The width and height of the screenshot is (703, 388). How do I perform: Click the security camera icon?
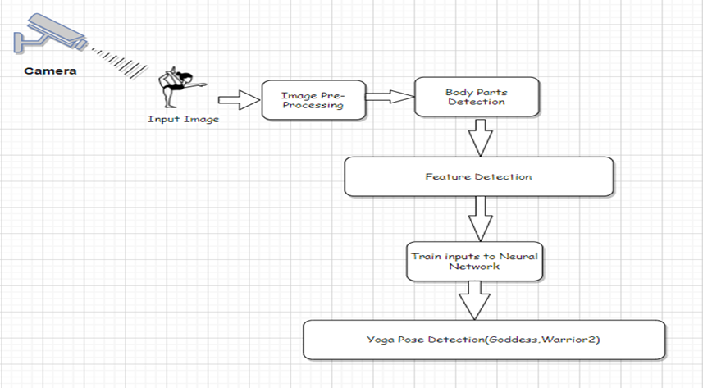click(x=49, y=32)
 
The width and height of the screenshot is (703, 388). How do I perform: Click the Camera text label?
click(x=49, y=71)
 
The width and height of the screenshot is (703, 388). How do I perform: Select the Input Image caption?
click(x=183, y=119)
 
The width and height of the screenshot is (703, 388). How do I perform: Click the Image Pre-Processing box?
click(x=313, y=100)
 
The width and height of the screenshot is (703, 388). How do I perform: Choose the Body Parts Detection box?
click(x=477, y=97)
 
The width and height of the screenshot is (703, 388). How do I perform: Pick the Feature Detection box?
click(x=478, y=176)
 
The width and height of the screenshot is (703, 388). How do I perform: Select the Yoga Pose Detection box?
click(x=482, y=339)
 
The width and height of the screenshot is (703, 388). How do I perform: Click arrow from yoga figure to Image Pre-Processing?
click(x=237, y=101)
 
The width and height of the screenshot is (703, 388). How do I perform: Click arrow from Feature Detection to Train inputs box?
click(x=478, y=219)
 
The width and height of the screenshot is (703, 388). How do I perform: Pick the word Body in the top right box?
click(x=457, y=92)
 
